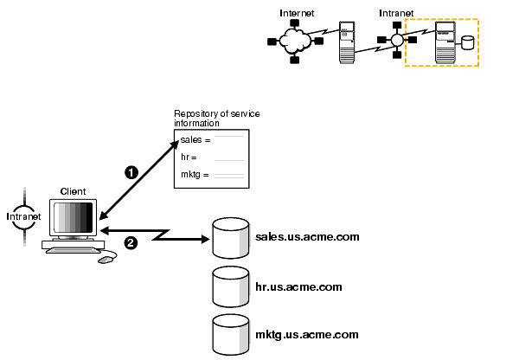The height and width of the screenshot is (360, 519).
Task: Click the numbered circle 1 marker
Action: pyautogui.click(x=131, y=172)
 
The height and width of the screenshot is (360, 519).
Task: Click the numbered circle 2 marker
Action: pyautogui.click(x=131, y=242)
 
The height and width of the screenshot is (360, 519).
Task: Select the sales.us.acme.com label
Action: pyautogui.click(x=307, y=236)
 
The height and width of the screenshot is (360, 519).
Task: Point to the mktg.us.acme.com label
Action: pyautogui.click(x=306, y=334)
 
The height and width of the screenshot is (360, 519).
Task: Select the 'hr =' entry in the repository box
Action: pyautogui.click(x=189, y=157)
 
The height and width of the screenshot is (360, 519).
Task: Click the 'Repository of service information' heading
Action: pyautogui.click(x=216, y=119)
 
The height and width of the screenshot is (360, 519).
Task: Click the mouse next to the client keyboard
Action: pyautogui.click(x=106, y=259)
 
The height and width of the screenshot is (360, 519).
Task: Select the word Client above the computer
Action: pyautogui.click(x=73, y=190)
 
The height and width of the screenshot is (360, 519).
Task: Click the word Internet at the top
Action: pyautogui.click(x=297, y=13)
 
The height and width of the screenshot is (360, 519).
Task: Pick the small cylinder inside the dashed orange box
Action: pyautogui.click(x=468, y=42)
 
